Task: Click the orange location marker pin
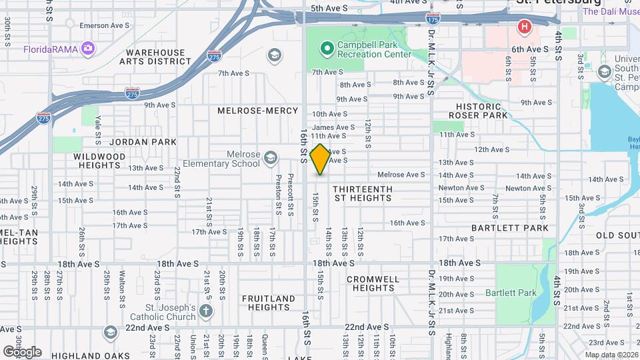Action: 320,159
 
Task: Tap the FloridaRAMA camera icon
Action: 87,48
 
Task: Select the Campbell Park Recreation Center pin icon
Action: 327,47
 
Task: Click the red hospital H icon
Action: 524,27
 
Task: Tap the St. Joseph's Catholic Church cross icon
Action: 206,311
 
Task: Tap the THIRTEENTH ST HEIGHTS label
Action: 363,193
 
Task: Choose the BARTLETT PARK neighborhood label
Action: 510,228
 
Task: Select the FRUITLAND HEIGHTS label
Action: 268,303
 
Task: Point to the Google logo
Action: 22,351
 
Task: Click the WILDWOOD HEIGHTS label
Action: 100,161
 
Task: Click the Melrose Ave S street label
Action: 401,175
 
